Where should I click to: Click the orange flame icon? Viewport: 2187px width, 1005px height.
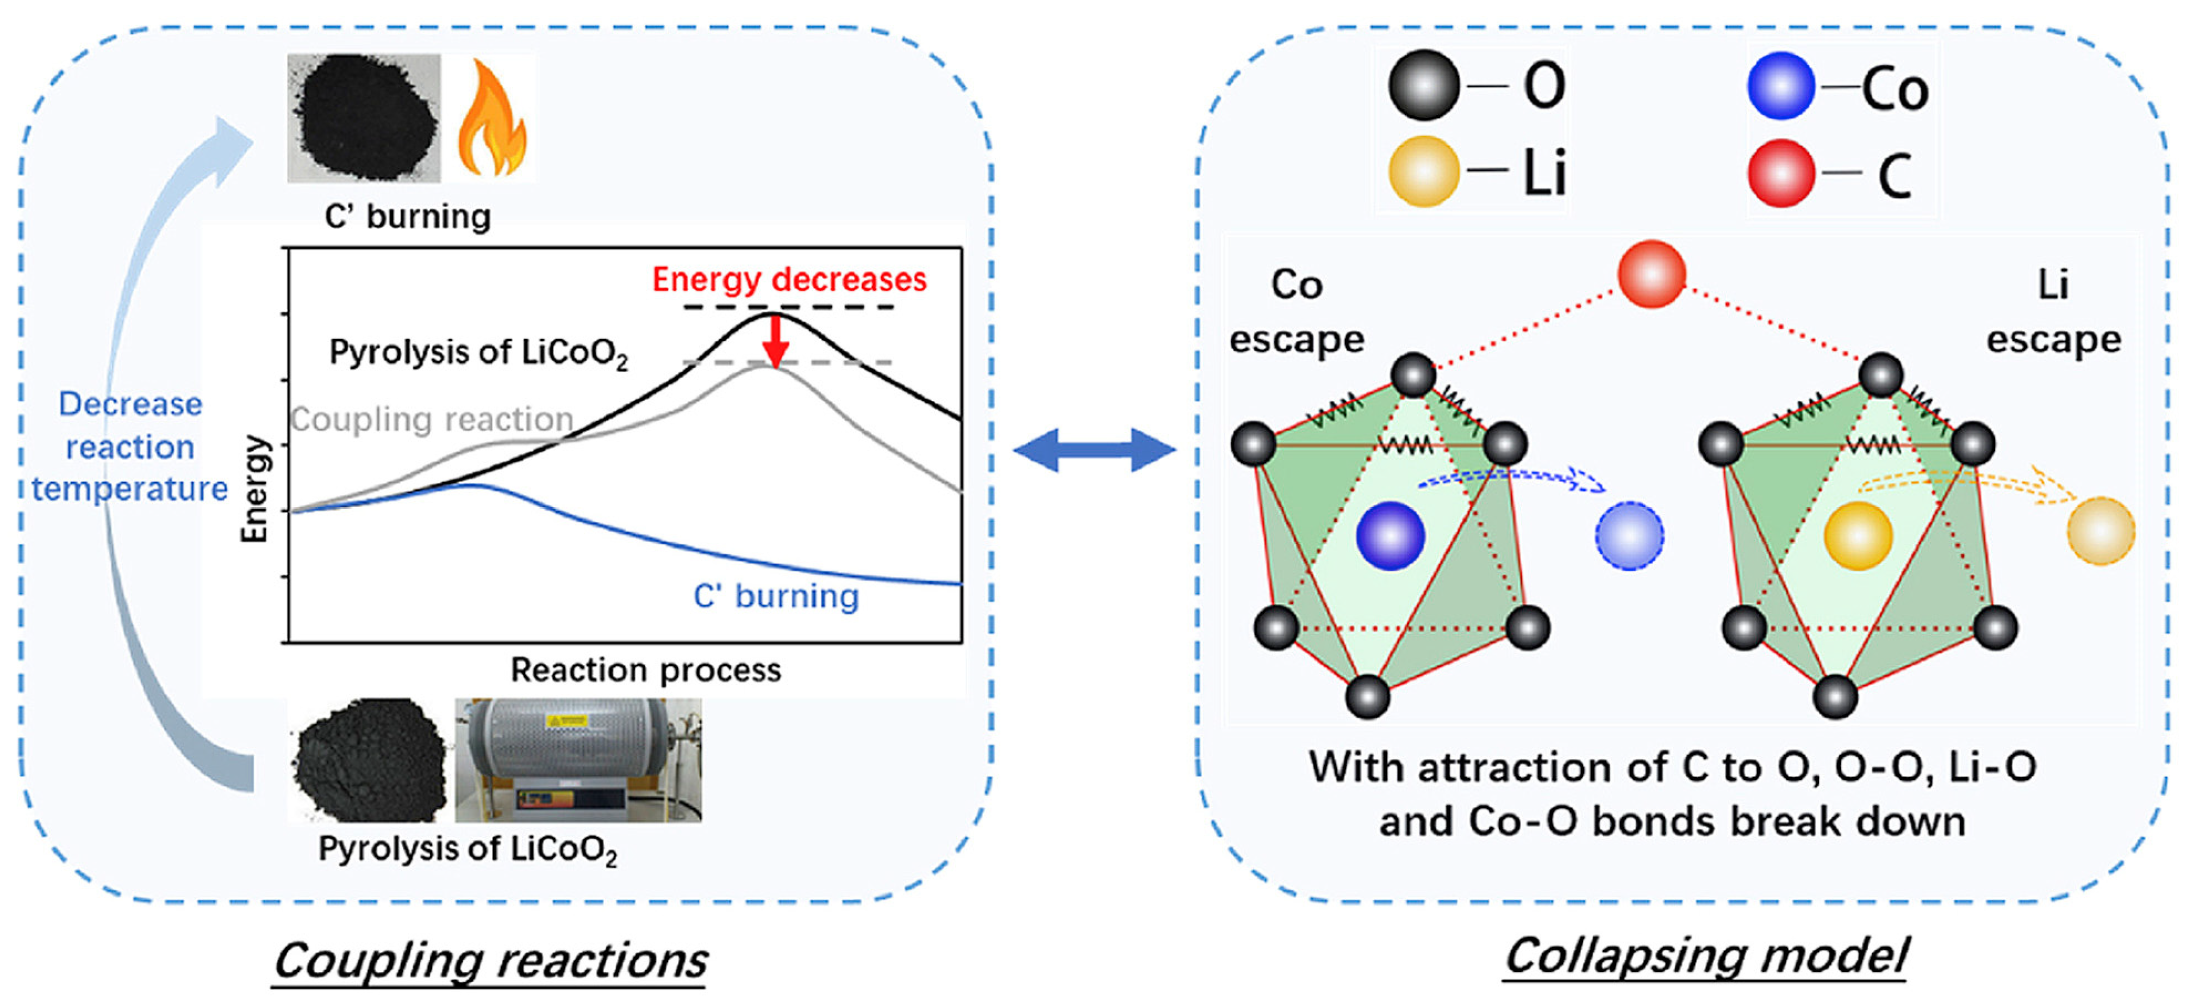[x=491, y=119]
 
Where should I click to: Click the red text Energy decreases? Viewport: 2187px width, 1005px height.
[x=789, y=280]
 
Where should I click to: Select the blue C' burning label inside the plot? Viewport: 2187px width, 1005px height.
[x=776, y=596]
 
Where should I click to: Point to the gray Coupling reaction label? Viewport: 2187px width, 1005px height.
[x=432, y=419]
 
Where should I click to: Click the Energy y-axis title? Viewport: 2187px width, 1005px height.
[x=255, y=489]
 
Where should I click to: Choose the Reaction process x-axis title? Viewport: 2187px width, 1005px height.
[x=645, y=670]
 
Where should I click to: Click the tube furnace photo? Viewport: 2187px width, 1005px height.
[x=578, y=760]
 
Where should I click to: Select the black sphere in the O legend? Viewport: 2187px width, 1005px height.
[x=1424, y=85]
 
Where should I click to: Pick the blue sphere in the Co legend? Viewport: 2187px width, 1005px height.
[x=1780, y=85]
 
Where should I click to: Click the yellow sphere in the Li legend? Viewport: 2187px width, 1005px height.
[x=1424, y=171]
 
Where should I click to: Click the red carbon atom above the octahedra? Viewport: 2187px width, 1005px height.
[x=1650, y=274]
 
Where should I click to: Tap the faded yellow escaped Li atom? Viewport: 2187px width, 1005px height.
[x=2099, y=532]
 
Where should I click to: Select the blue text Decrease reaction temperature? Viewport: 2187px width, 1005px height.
[x=130, y=446]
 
